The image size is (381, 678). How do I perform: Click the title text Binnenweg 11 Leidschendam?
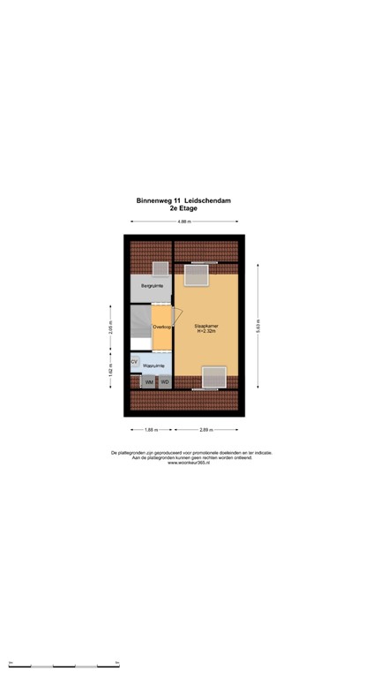(x=183, y=200)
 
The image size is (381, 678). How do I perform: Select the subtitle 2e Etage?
(x=183, y=208)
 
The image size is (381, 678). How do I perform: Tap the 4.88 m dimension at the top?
(x=183, y=222)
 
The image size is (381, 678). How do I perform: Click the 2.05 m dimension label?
(x=109, y=328)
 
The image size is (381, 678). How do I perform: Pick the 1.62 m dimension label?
(x=109, y=371)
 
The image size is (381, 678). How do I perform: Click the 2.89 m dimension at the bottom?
(x=205, y=429)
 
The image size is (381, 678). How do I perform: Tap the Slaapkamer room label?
(x=205, y=327)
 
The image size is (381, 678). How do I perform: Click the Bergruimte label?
(x=151, y=286)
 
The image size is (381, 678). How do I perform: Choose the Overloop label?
(x=161, y=327)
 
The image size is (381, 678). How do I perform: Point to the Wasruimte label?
(x=155, y=365)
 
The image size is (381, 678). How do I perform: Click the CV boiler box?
(x=135, y=362)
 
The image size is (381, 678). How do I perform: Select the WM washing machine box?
(x=149, y=381)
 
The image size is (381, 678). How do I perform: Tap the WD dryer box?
(x=164, y=381)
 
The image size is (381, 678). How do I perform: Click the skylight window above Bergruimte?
(x=160, y=268)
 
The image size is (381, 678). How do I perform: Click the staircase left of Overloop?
(x=140, y=328)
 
